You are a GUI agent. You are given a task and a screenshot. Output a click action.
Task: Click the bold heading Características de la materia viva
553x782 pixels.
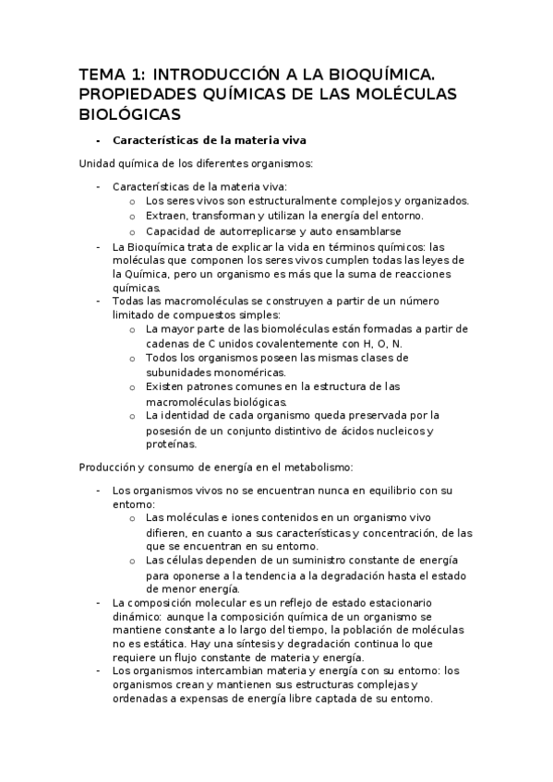click(x=209, y=140)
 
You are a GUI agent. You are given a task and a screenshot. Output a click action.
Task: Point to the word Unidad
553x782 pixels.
click(x=99, y=163)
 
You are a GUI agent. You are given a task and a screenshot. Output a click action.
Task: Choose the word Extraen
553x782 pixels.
click(x=169, y=216)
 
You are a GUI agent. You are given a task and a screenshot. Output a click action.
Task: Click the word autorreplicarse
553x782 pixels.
click(x=270, y=231)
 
